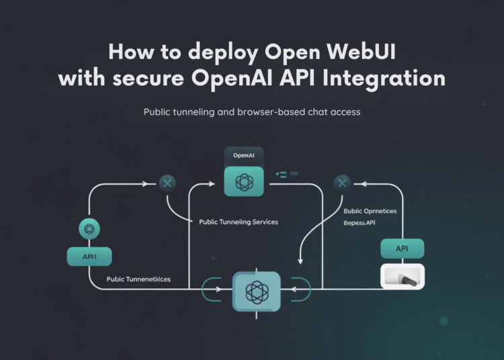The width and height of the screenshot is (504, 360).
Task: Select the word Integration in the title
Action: click(384, 78)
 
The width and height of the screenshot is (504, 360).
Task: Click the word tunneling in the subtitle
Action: click(202, 112)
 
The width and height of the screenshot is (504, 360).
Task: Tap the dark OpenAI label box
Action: click(244, 156)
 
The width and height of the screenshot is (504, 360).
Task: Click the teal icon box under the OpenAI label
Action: click(244, 181)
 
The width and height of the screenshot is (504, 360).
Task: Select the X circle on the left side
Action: click(167, 182)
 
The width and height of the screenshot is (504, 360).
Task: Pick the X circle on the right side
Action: click(343, 182)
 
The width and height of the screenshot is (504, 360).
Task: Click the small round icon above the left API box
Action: click(89, 229)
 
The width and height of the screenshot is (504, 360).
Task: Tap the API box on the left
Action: click(89, 256)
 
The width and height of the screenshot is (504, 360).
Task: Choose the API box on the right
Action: click(402, 249)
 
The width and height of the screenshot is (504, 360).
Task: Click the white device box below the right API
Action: click(402, 276)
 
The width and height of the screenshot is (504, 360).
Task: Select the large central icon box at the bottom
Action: click(255, 291)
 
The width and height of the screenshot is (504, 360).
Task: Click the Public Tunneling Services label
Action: click(238, 222)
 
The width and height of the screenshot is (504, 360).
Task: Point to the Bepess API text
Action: click(360, 222)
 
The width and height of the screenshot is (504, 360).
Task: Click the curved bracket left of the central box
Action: click(209, 290)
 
